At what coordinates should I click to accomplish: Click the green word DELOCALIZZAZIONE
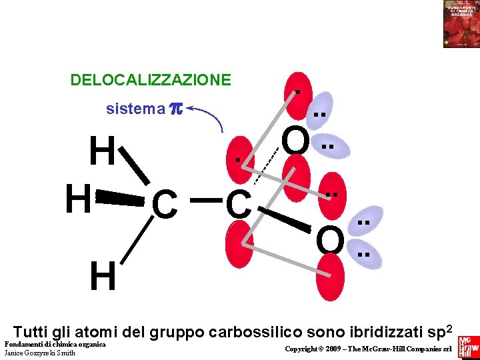(151, 81)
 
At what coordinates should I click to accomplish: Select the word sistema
(135, 109)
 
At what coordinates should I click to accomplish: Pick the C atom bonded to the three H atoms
(164, 204)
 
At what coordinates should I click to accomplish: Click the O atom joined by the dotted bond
(295, 141)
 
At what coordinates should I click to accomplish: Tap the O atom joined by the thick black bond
(329, 240)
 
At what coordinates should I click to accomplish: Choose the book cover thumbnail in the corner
(461, 23)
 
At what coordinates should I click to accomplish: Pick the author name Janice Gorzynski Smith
(39, 353)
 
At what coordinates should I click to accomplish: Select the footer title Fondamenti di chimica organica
(55, 344)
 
